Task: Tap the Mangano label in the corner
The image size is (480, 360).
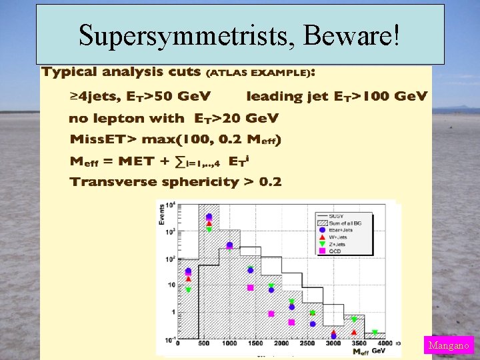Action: [448, 345]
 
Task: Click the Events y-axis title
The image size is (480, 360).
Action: [162, 215]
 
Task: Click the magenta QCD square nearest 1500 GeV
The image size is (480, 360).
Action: [251, 287]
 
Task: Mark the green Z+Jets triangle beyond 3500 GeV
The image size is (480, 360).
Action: [375, 332]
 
